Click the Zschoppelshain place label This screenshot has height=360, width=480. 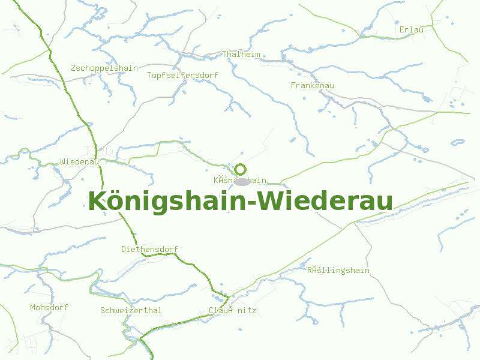click(104, 68)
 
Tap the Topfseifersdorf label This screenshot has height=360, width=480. click(183, 75)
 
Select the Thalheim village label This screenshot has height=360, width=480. click(241, 54)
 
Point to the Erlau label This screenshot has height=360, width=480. click(412, 29)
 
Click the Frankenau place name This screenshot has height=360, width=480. click(312, 85)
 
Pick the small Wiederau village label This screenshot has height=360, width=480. click(79, 161)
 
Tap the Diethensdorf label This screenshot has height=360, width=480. click(150, 249)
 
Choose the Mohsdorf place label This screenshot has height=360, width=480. click(49, 307)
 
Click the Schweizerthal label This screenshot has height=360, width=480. click(131, 310)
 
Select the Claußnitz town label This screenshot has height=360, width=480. click(232, 310)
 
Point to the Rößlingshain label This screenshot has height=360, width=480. click(338, 270)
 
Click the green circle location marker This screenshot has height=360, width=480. click(241, 169)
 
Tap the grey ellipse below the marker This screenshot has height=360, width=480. click(242, 181)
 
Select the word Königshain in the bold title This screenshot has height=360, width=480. click(169, 202)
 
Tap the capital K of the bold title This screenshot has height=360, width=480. click(96, 202)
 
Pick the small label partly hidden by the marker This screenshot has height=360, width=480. click(240, 180)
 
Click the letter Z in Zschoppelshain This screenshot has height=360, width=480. click(73, 68)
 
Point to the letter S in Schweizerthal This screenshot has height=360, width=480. click(103, 310)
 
